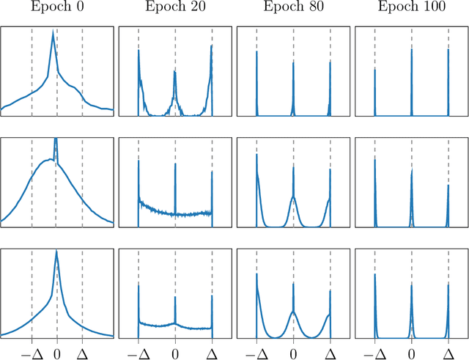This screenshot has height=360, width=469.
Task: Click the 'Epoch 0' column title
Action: pyautogui.click(x=57, y=10)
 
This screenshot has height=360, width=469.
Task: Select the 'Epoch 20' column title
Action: pyautogui.click(x=175, y=10)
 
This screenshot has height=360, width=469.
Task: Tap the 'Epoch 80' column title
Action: pyautogui.click(x=293, y=10)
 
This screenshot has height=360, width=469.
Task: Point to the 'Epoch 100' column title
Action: pyautogui.click(x=411, y=10)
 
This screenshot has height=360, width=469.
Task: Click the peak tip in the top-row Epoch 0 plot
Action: pyautogui.click(x=53, y=33)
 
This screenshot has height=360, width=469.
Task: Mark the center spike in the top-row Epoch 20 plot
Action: pyautogui.click(x=175, y=72)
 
